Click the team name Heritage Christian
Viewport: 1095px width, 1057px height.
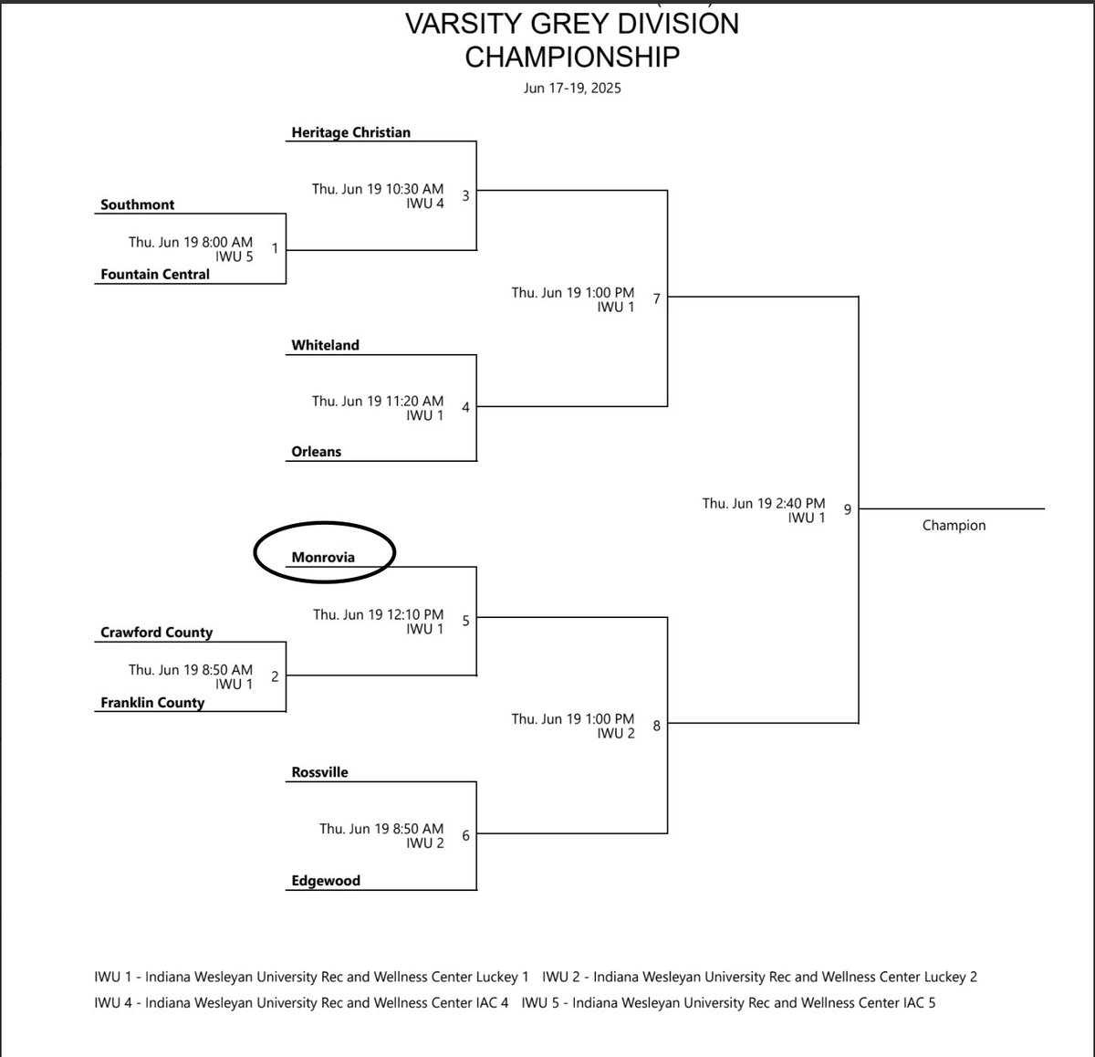click(350, 132)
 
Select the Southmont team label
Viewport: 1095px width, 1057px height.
click(137, 204)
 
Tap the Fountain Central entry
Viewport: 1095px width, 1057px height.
click(154, 274)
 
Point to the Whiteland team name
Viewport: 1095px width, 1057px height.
click(325, 345)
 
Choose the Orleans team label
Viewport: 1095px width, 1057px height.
click(316, 452)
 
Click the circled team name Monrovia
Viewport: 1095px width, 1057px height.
click(323, 557)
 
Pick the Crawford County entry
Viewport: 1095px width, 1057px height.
click(156, 633)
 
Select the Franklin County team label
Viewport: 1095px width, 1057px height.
click(151, 703)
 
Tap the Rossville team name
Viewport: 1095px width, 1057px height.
click(319, 772)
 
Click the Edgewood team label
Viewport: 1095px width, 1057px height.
click(326, 881)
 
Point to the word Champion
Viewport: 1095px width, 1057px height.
click(954, 526)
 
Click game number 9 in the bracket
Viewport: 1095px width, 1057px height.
click(847, 509)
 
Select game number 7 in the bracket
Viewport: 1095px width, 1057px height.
click(656, 298)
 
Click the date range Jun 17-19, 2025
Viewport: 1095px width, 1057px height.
click(572, 89)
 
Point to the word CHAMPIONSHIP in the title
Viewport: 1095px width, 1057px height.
click(572, 57)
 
